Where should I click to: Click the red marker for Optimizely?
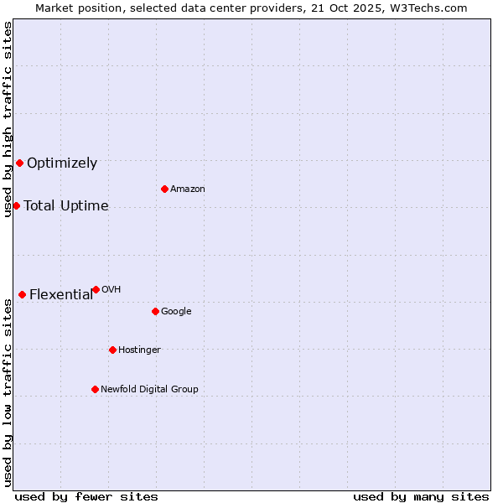[19, 163]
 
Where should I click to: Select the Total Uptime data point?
[16, 205]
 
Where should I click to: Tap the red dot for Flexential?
[22, 294]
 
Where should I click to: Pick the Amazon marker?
[164, 189]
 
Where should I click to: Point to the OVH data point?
[96, 289]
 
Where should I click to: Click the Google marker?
[155, 311]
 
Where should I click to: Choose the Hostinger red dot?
[112, 350]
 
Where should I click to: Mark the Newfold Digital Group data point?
[95, 389]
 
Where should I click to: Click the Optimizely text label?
[62, 163]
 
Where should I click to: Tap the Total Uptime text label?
[66, 206]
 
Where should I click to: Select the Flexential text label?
[61, 294]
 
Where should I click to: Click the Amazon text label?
[188, 189]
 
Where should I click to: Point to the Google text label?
[176, 311]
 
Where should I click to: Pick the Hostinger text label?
[139, 350]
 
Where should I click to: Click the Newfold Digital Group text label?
[149, 389]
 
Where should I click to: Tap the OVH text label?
[111, 289]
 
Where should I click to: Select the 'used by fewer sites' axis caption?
[86, 496]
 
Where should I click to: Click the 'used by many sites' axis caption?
[421, 496]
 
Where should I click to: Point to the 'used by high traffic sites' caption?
[8, 119]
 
